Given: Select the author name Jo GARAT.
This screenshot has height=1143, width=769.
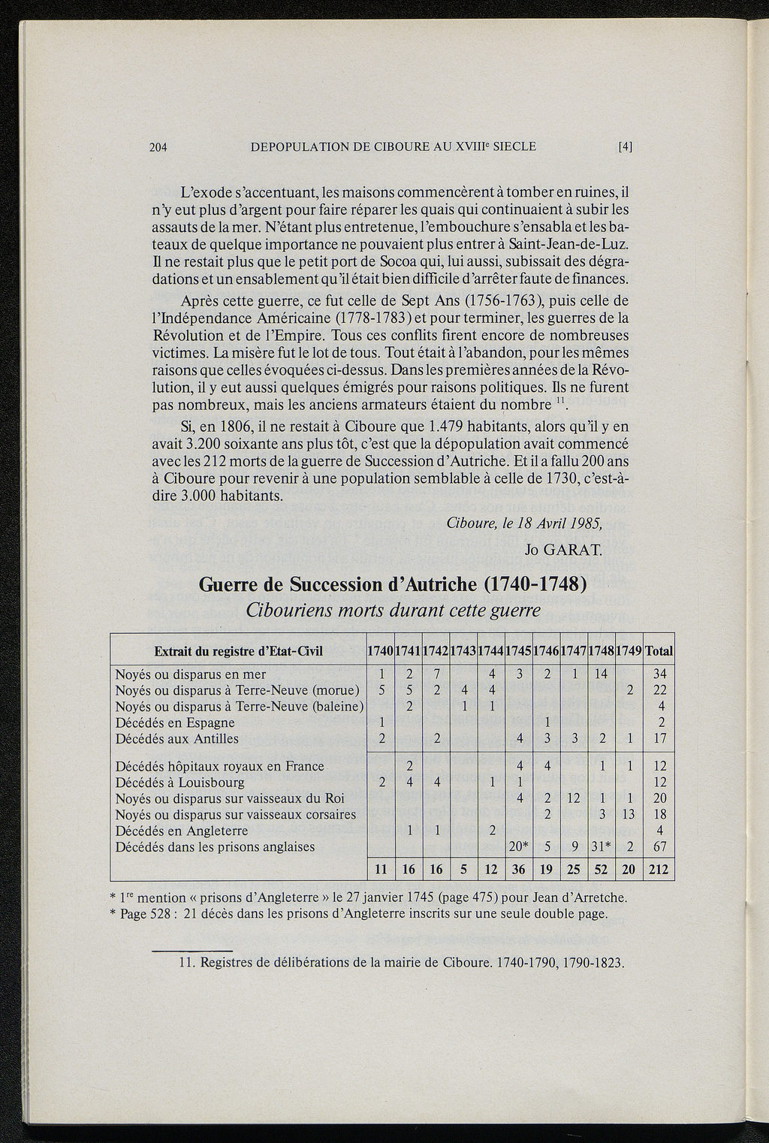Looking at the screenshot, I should pos(563,550).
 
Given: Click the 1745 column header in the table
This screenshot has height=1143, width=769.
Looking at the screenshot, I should pos(517,650).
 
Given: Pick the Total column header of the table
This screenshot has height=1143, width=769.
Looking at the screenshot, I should pos(659,650).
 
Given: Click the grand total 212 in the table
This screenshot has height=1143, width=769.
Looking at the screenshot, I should pos(659,870).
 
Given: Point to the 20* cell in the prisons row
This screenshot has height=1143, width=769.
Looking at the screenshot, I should pos(518,847).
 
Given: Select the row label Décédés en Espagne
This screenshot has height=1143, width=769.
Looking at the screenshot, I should pos(175,722).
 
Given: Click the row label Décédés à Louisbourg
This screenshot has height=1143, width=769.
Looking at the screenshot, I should pos(179,783).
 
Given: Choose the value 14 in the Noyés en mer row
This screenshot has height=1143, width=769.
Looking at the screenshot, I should pos(601,674).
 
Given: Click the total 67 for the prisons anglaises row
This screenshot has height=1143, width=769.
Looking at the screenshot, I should pos(659,847).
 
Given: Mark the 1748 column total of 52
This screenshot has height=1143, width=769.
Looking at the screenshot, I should pos(601,870).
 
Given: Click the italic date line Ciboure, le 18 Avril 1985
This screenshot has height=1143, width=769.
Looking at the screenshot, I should pos(535,523).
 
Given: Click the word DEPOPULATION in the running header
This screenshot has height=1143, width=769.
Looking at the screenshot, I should pos(301,146).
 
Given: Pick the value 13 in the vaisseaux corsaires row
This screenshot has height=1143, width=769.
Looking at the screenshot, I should pos(629,815).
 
